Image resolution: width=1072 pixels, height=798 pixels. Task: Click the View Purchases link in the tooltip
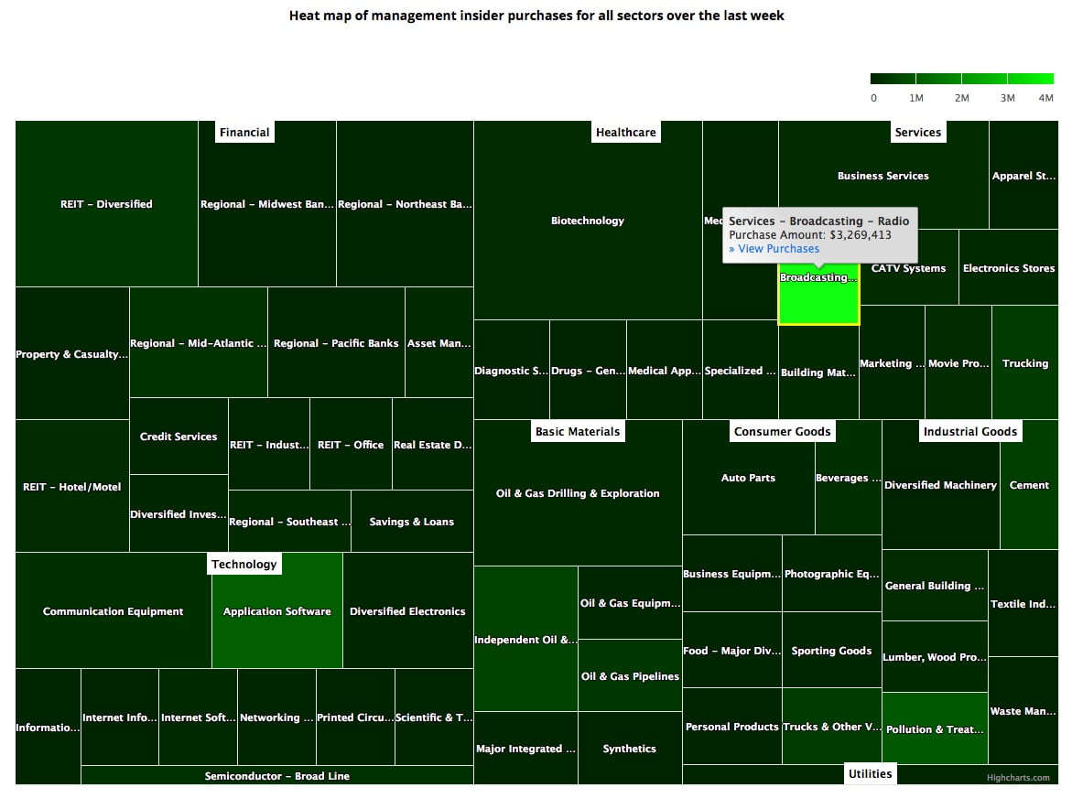click(774, 249)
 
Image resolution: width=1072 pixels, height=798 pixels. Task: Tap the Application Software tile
click(276, 610)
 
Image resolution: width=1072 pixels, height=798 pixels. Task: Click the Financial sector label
click(244, 133)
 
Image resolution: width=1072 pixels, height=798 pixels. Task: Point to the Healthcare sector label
click(625, 133)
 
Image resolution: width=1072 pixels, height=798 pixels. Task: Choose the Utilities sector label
click(870, 774)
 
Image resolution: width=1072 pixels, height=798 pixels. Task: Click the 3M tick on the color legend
click(1007, 98)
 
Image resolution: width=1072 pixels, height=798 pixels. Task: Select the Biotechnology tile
click(587, 221)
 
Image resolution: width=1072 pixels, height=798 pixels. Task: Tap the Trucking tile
click(1024, 363)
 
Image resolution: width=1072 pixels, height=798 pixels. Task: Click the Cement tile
click(1029, 485)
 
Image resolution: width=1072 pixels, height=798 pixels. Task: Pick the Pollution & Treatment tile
click(935, 729)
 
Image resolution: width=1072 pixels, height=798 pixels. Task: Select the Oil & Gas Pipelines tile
click(630, 676)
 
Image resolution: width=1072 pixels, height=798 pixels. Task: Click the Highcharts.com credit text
click(1018, 778)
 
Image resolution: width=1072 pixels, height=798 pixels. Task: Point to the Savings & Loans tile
click(411, 522)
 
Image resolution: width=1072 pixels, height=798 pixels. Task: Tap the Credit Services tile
click(179, 437)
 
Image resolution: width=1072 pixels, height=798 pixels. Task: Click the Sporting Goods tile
click(831, 651)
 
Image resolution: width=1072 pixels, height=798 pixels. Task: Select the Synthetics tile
click(629, 749)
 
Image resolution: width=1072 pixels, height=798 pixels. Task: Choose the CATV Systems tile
click(908, 268)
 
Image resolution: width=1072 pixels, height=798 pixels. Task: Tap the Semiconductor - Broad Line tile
click(276, 776)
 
